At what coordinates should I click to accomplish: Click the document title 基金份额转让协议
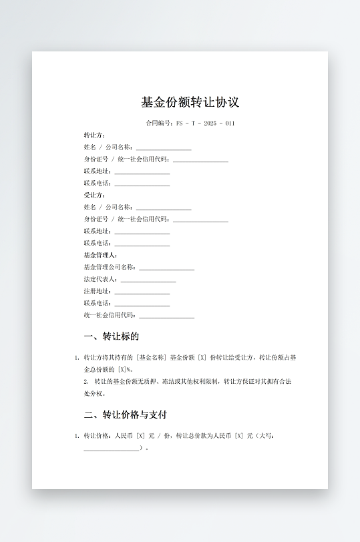(x=190, y=102)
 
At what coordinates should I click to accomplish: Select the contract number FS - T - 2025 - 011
(x=205, y=123)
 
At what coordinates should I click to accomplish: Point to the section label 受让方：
(x=94, y=195)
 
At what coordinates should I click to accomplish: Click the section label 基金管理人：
(x=100, y=255)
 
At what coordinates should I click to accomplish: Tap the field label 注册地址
(x=97, y=291)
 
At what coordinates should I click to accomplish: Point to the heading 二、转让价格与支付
(x=125, y=415)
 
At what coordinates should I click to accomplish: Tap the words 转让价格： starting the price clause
(x=98, y=436)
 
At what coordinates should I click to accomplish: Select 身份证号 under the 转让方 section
(x=96, y=160)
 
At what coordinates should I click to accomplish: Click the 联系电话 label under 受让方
(x=97, y=243)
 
